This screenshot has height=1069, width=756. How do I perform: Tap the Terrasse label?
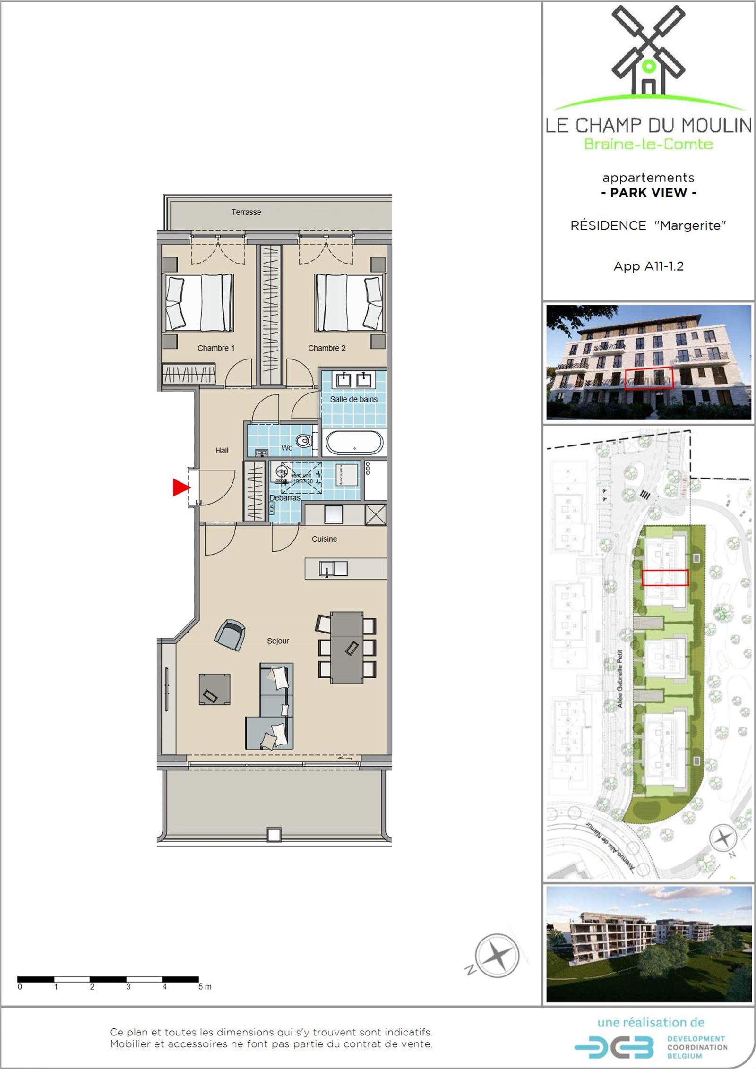(x=246, y=212)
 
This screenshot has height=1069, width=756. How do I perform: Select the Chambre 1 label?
(x=216, y=348)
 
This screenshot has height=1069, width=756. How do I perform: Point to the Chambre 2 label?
(x=326, y=348)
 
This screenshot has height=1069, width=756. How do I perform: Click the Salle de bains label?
(x=353, y=399)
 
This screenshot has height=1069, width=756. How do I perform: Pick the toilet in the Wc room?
(x=303, y=441)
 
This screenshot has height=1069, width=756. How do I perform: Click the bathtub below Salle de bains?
(x=354, y=443)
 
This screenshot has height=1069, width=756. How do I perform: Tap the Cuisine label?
(x=324, y=539)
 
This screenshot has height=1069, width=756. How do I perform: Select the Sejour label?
(x=278, y=641)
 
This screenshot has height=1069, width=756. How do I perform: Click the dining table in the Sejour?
(x=347, y=648)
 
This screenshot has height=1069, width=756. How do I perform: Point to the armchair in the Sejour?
(x=230, y=634)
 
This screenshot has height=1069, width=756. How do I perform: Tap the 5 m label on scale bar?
(x=205, y=987)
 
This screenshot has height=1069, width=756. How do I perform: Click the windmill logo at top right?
(x=648, y=52)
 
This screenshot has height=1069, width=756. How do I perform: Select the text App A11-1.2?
(x=648, y=266)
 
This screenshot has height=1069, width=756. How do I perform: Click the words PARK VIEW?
(x=648, y=193)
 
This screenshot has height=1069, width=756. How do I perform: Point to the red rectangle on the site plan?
(x=665, y=578)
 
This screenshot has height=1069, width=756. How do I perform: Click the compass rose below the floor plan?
(x=497, y=955)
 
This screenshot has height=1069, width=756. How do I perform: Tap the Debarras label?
(x=285, y=498)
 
